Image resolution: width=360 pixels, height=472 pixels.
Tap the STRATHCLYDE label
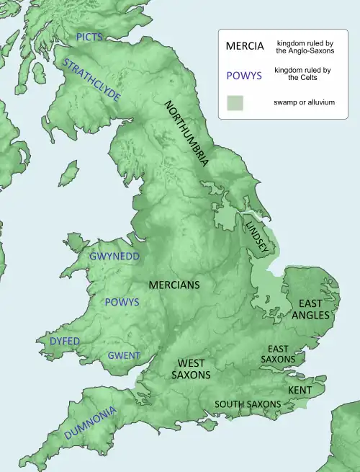tap(91, 79)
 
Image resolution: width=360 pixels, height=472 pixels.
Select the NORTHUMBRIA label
tap(187, 134)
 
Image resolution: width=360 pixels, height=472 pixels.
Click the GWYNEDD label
tap(115, 256)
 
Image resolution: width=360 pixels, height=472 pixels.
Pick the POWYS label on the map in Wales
tap(122, 302)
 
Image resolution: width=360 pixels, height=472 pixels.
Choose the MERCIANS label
tap(174, 285)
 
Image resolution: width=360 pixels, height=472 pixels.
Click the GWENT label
tap(124, 355)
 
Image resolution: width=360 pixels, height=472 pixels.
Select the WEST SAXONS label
tap(191, 369)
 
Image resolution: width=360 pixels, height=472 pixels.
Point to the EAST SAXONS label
tap(282, 353)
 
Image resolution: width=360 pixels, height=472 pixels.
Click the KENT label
tap(299, 390)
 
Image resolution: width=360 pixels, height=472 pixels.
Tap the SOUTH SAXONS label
tap(248, 404)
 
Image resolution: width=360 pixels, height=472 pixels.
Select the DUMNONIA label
tap(90, 424)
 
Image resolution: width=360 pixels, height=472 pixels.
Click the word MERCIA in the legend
tap(244, 46)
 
